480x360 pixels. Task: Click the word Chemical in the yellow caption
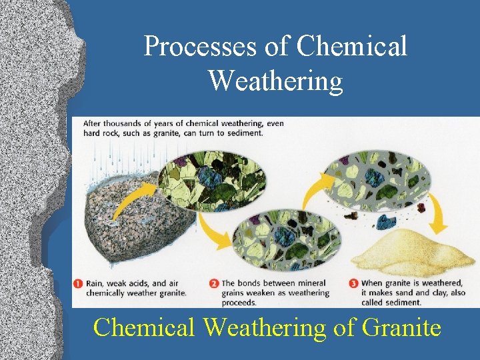click(x=145, y=327)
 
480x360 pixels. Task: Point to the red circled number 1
click(x=78, y=283)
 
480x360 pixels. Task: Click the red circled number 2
click(x=214, y=283)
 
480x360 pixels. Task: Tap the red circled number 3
click(x=353, y=283)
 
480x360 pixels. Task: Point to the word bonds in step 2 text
click(x=254, y=283)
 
